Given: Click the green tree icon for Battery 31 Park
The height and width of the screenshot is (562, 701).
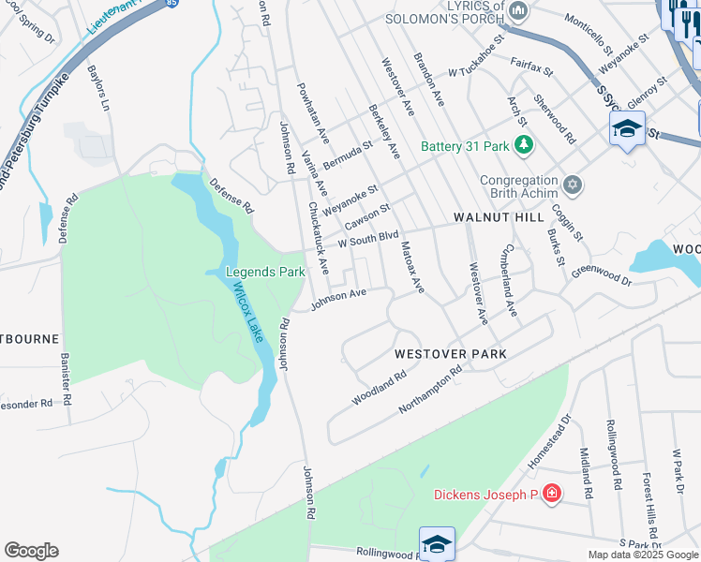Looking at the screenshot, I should pyautogui.click(x=525, y=145).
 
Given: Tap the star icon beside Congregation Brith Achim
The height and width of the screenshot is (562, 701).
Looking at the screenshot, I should pyautogui.click(x=574, y=184).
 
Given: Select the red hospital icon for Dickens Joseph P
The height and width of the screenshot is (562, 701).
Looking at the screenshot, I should pyautogui.click(x=552, y=494).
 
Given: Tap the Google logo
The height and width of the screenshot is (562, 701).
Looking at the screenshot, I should pyautogui.click(x=31, y=551).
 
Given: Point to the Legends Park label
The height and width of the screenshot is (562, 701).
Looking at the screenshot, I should pyautogui.click(x=266, y=273).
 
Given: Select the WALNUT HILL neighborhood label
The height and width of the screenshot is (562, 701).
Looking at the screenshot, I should pyautogui.click(x=499, y=216).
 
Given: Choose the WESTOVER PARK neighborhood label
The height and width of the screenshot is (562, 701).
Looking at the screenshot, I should pyautogui.click(x=450, y=354).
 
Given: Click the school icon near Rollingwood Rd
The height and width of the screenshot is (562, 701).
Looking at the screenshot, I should pyautogui.click(x=437, y=543).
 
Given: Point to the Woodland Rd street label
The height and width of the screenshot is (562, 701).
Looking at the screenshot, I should pyautogui.click(x=379, y=387).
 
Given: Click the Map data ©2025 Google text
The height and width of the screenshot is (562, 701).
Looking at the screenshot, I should pyautogui.click(x=642, y=555).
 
